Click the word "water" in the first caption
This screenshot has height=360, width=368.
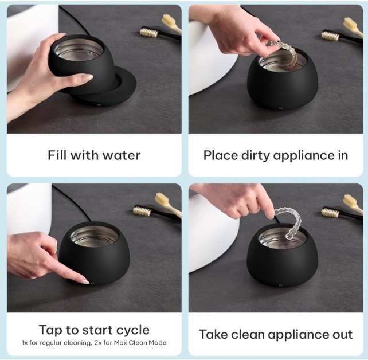(x=122, y=155)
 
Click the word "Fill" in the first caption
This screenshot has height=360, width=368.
(x=56, y=155)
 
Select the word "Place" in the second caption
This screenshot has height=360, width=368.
(x=220, y=155)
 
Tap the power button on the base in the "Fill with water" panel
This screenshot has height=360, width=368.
(x=99, y=105)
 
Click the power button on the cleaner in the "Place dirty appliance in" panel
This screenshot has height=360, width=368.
(x=280, y=108)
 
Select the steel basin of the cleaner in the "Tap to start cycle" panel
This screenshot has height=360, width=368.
(x=95, y=237)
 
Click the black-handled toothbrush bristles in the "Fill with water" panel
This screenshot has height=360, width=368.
(x=148, y=32)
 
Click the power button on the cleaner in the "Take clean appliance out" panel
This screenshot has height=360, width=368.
(x=280, y=285)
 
